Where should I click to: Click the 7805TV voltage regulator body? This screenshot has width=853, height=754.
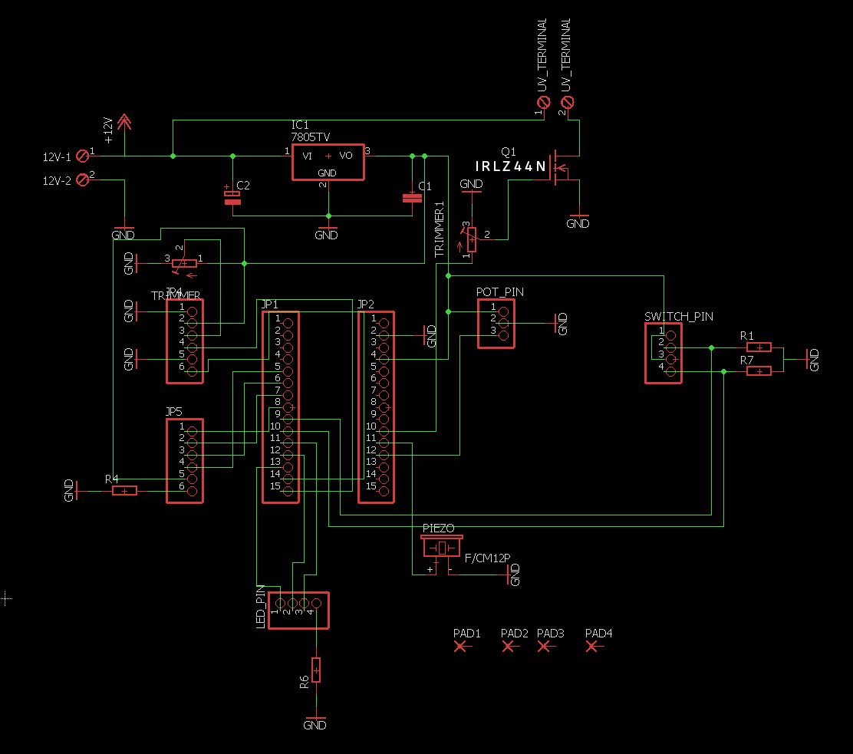pyautogui.click(x=328, y=162)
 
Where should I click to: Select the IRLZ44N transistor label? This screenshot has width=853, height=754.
pyautogui.click(x=510, y=166)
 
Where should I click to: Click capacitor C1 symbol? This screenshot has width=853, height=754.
pyautogui.click(x=412, y=198)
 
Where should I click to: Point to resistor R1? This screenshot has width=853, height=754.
pyautogui.click(x=758, y=347)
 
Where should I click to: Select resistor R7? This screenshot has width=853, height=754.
pyautogui.click(x=758, y=371)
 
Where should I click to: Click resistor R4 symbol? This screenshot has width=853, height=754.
pyautogui.click(x=125, y=490)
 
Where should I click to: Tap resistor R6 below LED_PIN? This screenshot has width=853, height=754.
pyautogui.click(x=315, y=670)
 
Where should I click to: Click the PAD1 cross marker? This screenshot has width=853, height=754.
pyautogui.click(x=461, y=647)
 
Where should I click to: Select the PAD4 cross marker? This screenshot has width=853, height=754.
pyautogui.click(x=592, y=647)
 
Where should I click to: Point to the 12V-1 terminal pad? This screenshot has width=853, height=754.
pyautogui.click(x=84, y=156)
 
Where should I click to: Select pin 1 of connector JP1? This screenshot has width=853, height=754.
pyautogui.click(x=288, y=318)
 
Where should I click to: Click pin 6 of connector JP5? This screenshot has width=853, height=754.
pyautogui.click(x=192, y=486)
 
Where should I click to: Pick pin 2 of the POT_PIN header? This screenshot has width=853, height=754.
pyautogui.click(x=503, y=323)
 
